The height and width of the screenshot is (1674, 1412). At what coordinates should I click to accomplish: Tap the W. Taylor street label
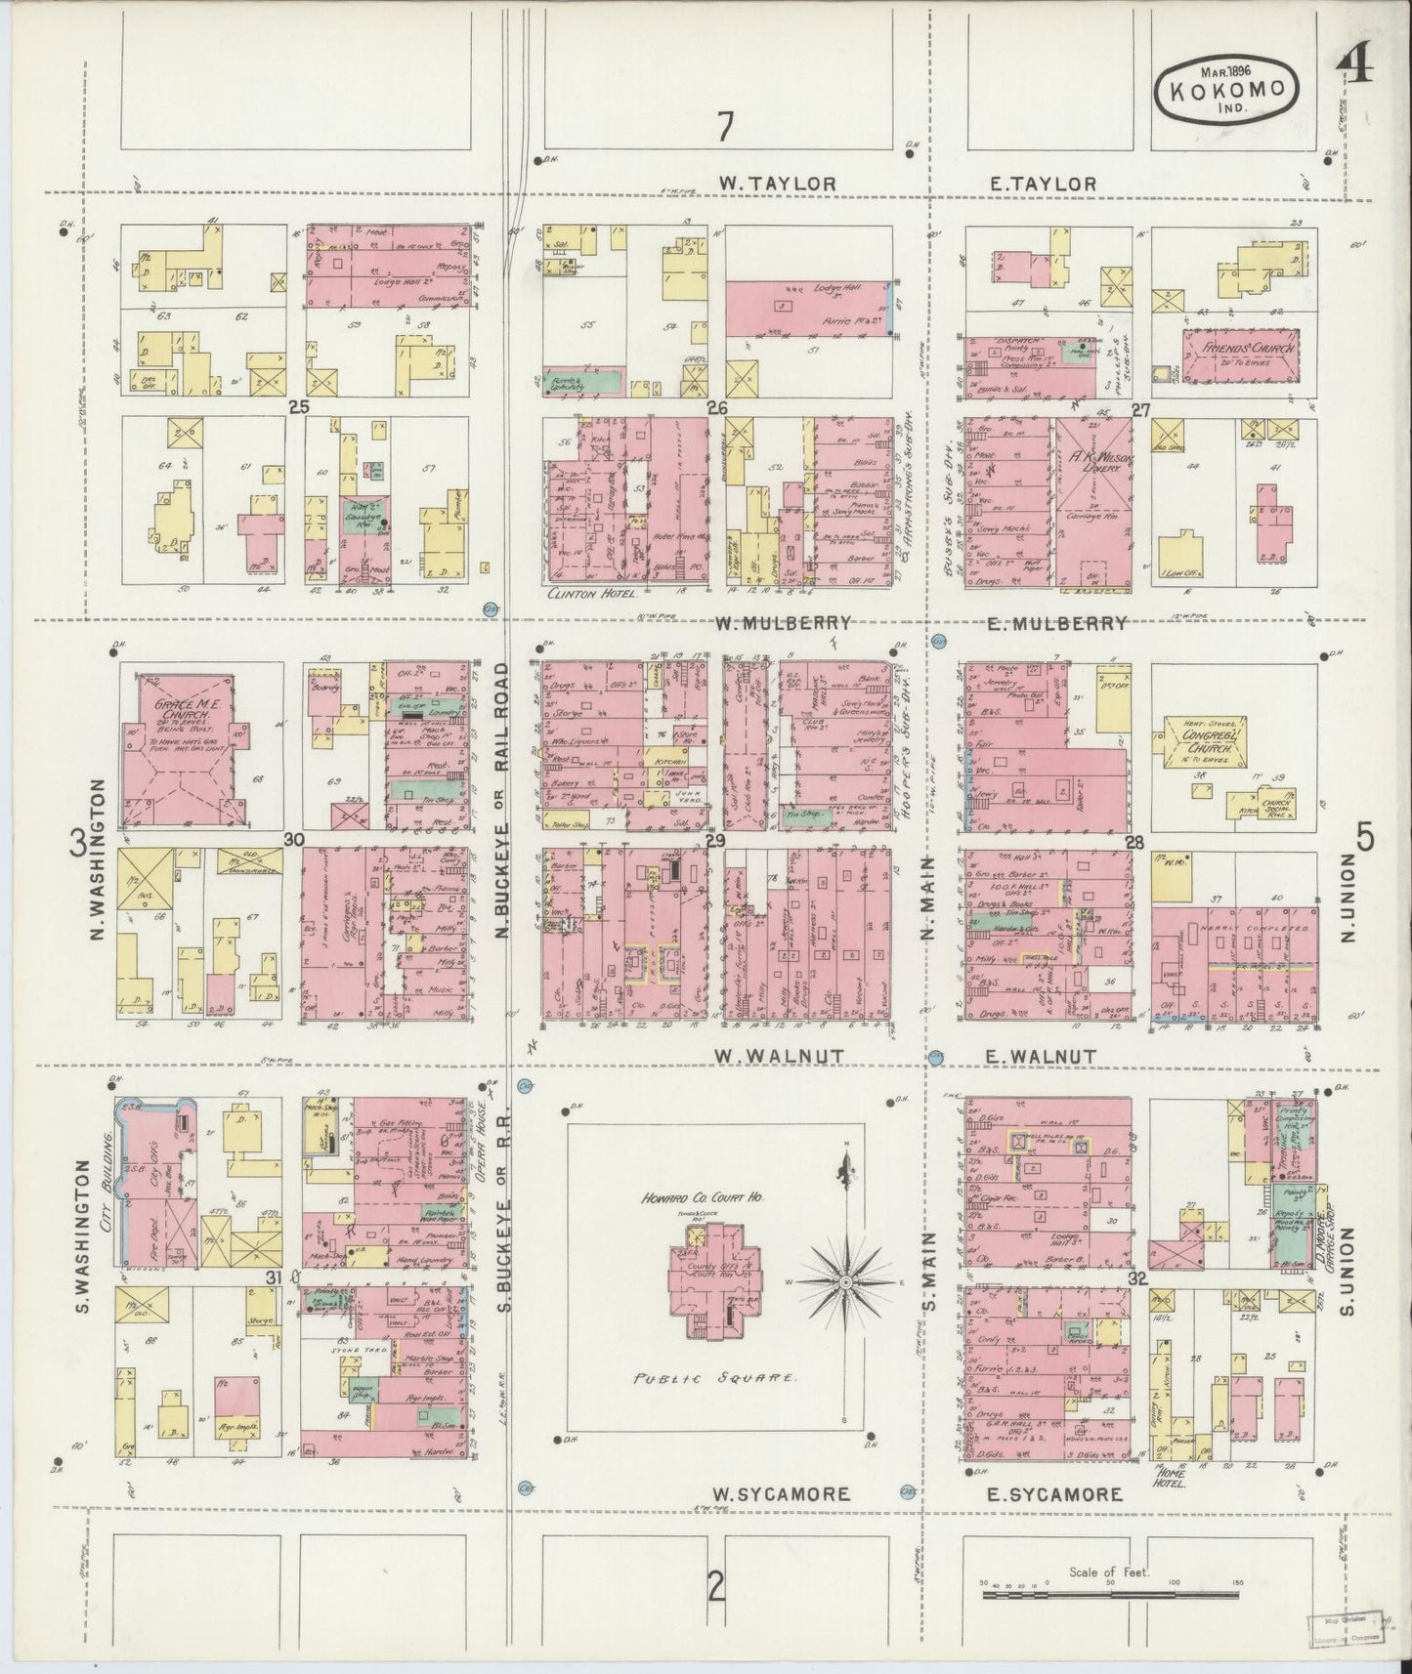point(778,184)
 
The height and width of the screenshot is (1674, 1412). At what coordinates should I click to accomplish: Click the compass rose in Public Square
point(845,1280)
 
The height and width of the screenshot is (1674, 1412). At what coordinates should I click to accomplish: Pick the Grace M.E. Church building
point(183,745)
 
